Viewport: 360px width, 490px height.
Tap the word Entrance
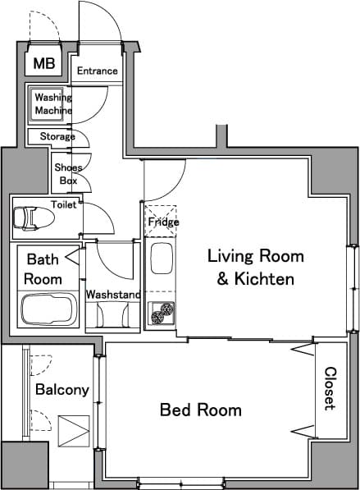(x=97, y=71)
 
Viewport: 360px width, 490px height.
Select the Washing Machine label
(x=52, y=104)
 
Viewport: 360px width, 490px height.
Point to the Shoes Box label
(x=66, y=173)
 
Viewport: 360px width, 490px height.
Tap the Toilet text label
(x=63, y=204)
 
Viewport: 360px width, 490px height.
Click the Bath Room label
(x=43, y=269)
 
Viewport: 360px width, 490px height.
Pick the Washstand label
(x=113, y=294)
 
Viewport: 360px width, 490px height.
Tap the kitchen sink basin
(x=161, y=261)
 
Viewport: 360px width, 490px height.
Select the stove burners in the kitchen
(x=162, y=312)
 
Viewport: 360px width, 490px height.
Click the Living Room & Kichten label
(x=255, y=268)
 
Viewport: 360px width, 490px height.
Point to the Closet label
(x=330, y=388)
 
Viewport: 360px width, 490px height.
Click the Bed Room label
(x=200, y=410)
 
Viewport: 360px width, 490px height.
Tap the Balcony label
(x=62, y=390)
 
